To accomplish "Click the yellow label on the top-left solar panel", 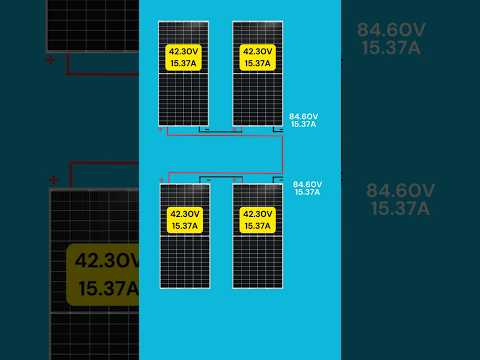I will [x=185, y=57].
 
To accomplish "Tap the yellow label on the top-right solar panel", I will [x=258, y=57].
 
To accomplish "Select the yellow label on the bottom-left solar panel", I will [x=185, y=220].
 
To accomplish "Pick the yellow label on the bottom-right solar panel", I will [x=257, y=220].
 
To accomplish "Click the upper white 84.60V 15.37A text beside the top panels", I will [x=303, y=120].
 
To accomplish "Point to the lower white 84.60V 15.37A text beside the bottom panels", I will [x=307, y=188].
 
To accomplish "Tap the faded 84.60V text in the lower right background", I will [x=400, y=190].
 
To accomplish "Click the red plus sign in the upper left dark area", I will [x=50, y=60].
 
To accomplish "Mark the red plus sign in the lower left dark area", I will [x=53, y=181].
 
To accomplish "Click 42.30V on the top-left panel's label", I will [x=185, y=51].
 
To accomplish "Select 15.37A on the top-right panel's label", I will [x=258, y=63].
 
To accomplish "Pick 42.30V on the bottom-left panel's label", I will [x=185, y=214].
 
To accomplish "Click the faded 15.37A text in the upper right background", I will [x=392, y=48].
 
